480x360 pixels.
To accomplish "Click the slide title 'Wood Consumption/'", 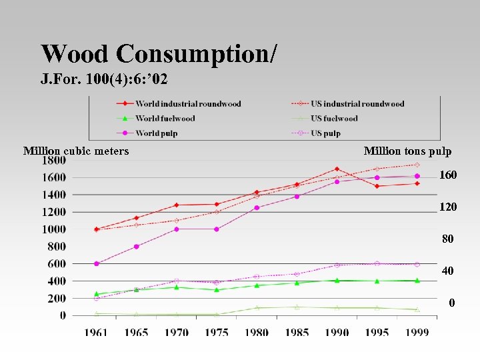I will pos(159,53).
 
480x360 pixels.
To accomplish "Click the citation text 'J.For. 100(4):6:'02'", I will pos(104,80).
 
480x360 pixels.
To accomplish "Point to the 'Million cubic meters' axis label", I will pos(76,151).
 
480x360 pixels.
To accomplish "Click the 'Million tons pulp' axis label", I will pos(407,151).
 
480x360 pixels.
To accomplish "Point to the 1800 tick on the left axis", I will pos(54,161).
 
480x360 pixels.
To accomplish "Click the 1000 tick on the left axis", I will pos(54,229).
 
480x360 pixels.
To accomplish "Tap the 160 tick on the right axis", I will pos(448,175).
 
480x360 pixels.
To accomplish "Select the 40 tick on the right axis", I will pos(448,271).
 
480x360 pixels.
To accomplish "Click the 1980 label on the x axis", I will pos(256,332).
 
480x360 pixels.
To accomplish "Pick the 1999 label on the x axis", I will pos(417,332).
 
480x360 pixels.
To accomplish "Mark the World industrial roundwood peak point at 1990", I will pos(337,169).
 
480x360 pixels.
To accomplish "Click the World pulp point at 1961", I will pos(96,263).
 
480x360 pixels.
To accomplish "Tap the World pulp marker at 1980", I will pos(257,207).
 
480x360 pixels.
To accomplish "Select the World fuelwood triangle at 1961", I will pos(96,293).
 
